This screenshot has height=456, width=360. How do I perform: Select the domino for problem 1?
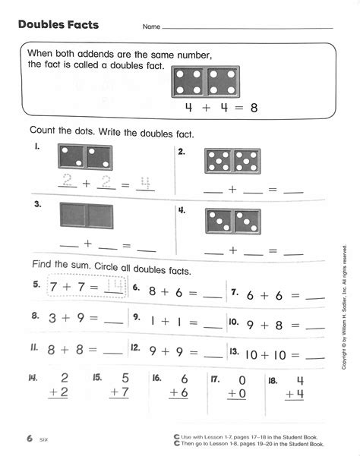click(84, 157)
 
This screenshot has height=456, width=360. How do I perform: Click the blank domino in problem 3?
click(85, 216)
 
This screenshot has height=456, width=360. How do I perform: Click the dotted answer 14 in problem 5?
click(113, 288)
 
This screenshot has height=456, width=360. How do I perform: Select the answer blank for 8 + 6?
click(214, 294)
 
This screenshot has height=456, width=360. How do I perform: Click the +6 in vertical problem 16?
click(178, 393)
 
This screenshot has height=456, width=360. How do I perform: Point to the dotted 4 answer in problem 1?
click(144, 182)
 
